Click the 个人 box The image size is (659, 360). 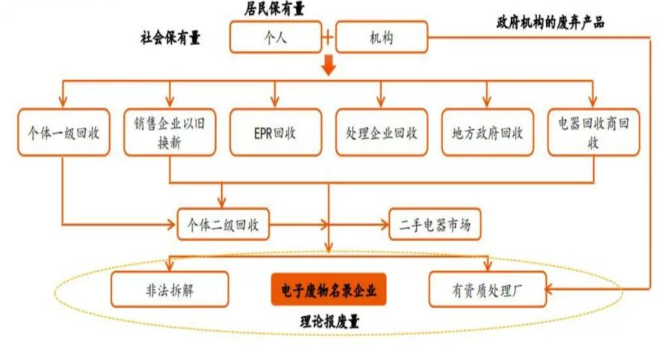276,37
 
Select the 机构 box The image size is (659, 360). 382,37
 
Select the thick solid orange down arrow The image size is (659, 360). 328,66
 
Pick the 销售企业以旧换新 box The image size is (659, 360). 170,133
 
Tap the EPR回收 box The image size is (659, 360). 276,133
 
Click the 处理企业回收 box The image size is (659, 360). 382,133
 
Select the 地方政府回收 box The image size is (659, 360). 488,133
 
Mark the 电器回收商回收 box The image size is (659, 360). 593,133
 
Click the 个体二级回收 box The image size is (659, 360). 223,224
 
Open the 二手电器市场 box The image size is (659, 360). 435,224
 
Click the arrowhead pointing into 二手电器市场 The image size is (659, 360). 386,224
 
